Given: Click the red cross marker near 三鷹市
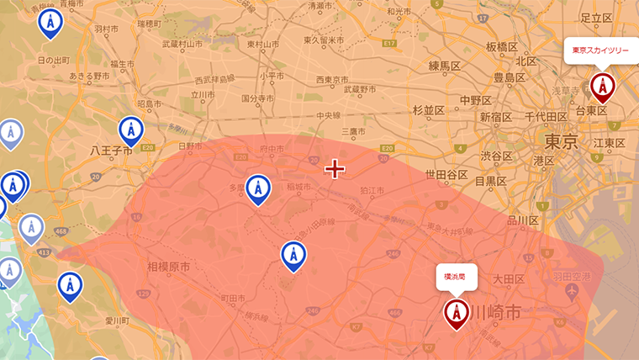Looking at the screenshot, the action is [x=335, y=169].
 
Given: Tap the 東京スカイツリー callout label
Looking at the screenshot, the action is [x=600, y=50].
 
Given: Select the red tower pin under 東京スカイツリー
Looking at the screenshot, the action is [x=602, y=86].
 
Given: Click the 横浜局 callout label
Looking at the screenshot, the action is [x=456, y=276].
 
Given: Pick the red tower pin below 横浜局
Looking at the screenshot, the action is [x=457, y=312].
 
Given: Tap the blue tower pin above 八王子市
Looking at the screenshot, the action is [x=130, y=130].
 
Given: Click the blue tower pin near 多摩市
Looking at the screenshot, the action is [x=257, y=189].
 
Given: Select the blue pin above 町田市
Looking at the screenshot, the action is [x=293, y=255].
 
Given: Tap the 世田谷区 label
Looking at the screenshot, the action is [x=446, y=175].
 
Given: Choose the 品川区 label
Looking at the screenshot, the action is [x=522, y=220].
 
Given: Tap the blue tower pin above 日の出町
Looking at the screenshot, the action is [x=50, y=24].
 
